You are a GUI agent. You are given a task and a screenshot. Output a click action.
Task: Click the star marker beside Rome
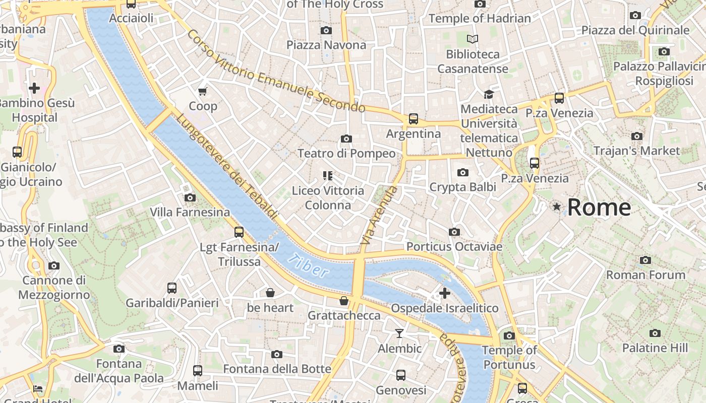[557, 207]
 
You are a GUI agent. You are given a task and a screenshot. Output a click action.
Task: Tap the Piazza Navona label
[326, 45]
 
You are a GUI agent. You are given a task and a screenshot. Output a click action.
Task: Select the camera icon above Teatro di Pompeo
[346, 139]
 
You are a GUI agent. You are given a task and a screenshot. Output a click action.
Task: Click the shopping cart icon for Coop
[203, 91]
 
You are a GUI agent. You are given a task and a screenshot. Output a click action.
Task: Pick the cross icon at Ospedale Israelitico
[444, 293]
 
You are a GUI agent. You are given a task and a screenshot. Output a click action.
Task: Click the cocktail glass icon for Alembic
[399, 333]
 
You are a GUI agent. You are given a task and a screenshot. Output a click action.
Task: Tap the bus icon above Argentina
[414, 119]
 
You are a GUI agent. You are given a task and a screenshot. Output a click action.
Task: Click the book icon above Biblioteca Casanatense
[473, 39]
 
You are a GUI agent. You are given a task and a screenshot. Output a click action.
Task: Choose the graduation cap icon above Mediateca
[489, 94]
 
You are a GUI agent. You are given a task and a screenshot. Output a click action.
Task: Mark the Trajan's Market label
[636, 151]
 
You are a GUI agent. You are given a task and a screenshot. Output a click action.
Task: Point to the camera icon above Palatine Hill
[655, 333]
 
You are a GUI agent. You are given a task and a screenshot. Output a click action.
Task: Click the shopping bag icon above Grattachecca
[344, 301]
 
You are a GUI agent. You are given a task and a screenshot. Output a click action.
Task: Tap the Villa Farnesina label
[190, 212]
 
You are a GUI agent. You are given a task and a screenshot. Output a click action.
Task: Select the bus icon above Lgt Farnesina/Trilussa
[239, 232]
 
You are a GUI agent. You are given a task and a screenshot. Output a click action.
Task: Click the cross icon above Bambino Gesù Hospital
[34, 89]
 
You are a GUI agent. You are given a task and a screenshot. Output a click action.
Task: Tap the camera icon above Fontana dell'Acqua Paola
[119, 349]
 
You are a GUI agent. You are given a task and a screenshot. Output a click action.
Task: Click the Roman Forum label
[645, 275]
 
